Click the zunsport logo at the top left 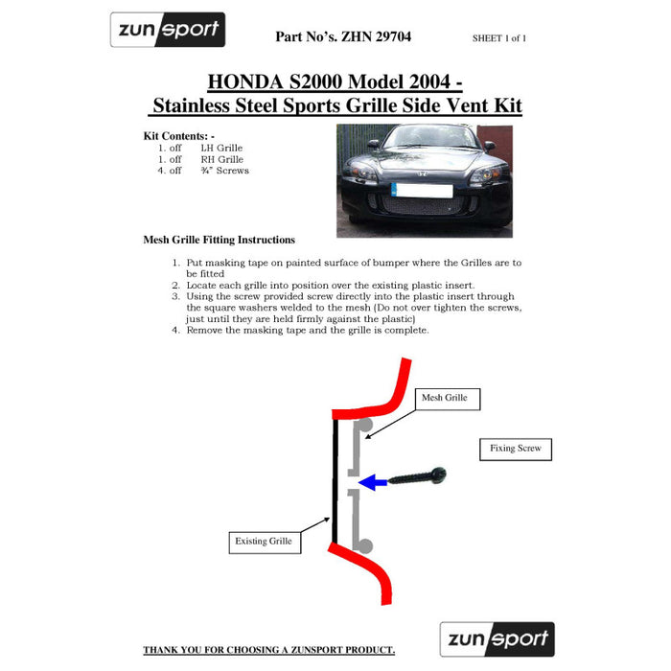click(168, 30)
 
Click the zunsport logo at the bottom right click(497, 639)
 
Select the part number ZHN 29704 click(376, 36)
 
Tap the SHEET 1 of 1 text click(499, 38)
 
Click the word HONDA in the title click(245, 81)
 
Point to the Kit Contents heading click(179, 136)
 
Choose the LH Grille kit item click(221, 148)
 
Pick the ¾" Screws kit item click(224, 171)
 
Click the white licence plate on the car click(422, 191)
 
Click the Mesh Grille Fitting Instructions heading click(220, 240)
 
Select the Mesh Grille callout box click(448, 400)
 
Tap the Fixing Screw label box click(516, 450)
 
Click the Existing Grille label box click(265, 543)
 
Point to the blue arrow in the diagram click(373, 483)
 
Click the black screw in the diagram click(417, 476)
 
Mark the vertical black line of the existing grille click(335, 480)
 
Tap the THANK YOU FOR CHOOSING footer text click(268, 650)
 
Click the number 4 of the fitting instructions click(175, 331)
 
